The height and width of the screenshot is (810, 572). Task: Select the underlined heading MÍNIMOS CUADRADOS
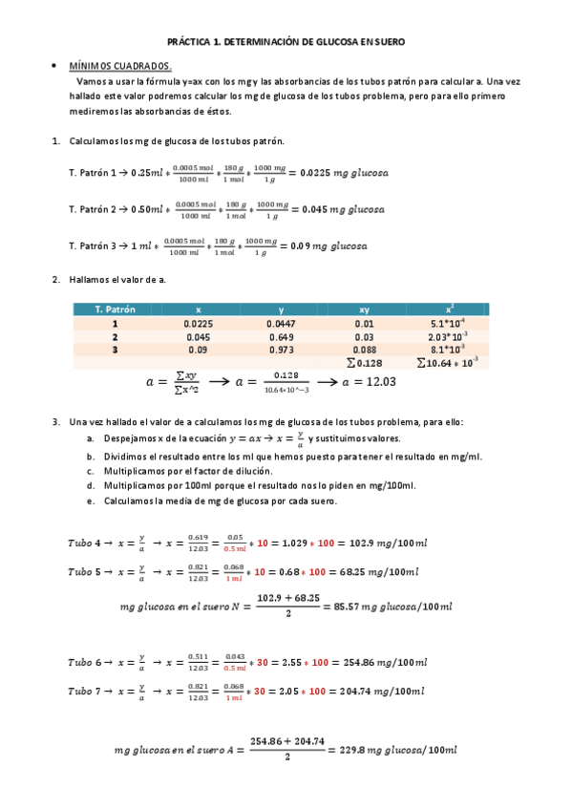tap(119, 67)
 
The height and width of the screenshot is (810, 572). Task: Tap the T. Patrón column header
tap(116, 309)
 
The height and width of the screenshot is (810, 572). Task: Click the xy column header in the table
tap(364, 309)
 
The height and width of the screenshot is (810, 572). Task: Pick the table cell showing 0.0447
tap(281, 324)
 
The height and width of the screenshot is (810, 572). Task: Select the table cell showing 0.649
tap(281, 337)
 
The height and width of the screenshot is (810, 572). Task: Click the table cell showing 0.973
tap(281, 351)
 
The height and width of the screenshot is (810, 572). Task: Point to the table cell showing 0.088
tap(364, 351)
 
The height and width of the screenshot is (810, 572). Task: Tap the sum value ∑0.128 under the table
tap(364, 363)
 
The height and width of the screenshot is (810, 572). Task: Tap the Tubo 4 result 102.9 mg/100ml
tap(377, 543)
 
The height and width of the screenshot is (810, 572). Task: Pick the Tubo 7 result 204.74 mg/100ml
tap(384, 692)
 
